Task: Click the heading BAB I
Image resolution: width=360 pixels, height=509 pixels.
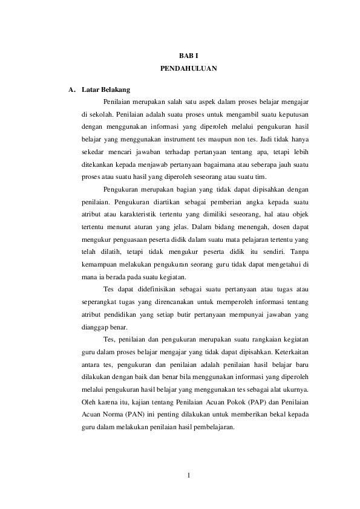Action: click(189, 56)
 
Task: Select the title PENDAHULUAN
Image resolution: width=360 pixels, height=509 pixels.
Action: click(189, 69)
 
